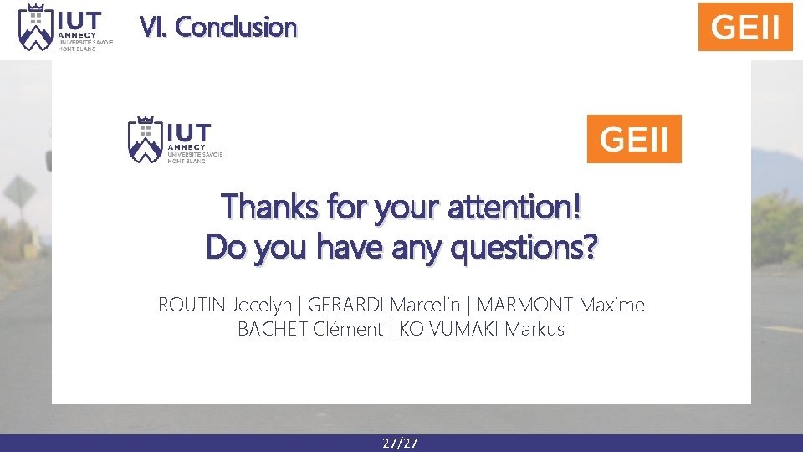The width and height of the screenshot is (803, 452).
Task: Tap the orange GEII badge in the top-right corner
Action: click(744, 27)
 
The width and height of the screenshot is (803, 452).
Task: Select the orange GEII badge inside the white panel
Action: click(634, 139)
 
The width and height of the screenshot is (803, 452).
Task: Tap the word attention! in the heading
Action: click(512, 206)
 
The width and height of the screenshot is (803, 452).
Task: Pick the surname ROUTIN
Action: click(192, 305)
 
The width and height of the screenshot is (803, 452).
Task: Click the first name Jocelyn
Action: click(261, 305)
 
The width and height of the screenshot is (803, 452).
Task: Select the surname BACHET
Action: click(273, 330)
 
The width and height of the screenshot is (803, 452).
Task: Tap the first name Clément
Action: click(347, 330)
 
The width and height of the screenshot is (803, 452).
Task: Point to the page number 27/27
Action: click(400, 443)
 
